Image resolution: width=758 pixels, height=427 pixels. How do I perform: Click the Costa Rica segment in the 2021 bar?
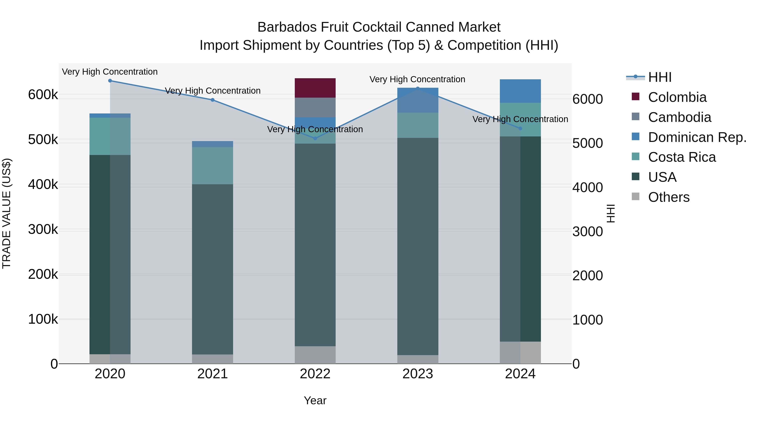pos(212,165)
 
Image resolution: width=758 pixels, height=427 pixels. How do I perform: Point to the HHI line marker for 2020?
pos(110,81)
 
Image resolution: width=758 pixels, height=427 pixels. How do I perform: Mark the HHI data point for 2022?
pos(315,138)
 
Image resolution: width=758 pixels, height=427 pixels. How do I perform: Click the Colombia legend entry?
pos(677,97)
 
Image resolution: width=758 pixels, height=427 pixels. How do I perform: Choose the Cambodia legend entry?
pos(679,117)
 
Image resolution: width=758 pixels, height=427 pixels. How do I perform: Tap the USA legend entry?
pos(662,177)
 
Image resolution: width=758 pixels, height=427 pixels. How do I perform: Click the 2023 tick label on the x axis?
pos(418,374)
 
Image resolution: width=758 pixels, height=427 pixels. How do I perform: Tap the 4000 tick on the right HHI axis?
pos(587,187)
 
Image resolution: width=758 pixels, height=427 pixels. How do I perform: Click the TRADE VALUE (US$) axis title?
pos(7,213)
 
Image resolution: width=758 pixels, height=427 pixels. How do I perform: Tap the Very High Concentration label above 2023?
pos(417,79)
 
